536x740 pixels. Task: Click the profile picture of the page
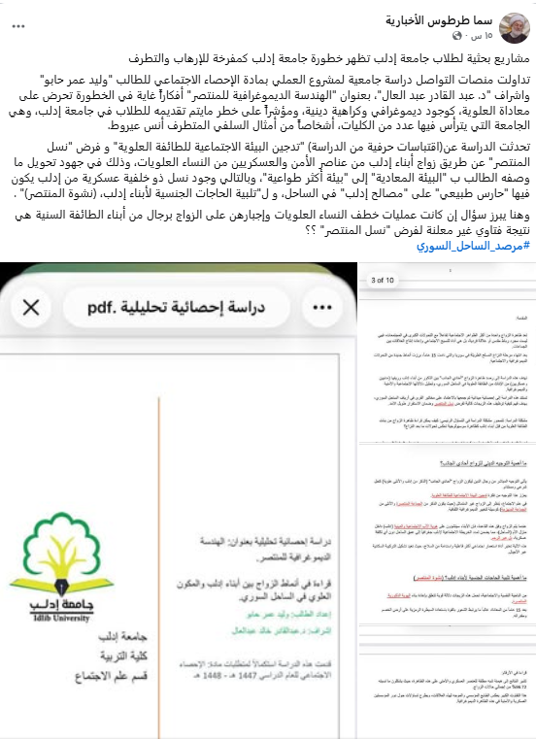click(515, 25)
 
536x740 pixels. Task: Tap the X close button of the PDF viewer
click(30, 308)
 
